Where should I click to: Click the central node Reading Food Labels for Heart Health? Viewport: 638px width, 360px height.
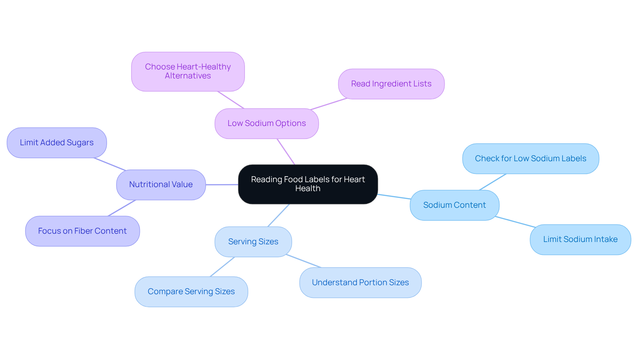click(308, 184)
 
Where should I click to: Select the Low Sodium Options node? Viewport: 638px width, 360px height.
click(266, 123)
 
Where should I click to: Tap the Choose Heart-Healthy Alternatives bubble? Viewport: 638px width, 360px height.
click(188, 71)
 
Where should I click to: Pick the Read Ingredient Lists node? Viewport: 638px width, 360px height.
click(391, 84)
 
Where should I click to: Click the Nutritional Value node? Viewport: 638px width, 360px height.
click(161, 184)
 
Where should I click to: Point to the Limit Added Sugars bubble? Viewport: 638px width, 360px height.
click(56, 143)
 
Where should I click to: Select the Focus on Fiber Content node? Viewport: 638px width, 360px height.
click(82, 231)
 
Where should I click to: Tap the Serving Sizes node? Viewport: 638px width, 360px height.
click(253, 242)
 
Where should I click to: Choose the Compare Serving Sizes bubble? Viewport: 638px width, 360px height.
click(191, 292)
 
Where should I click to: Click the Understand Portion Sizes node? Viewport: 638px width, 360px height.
click(360, 283)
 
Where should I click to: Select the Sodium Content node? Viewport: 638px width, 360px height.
click(454, 205)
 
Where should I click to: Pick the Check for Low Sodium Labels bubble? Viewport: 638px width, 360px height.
click(530, 159)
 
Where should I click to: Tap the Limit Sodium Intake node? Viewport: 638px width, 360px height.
click(580, 239)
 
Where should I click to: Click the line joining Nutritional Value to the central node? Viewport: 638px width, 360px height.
click(222, 184)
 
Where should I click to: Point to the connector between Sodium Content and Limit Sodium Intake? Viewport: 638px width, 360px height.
click(515, 222)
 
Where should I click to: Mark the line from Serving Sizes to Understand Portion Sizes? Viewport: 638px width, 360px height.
click(303, 261)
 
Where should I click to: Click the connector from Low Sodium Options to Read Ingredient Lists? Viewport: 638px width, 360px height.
click(329, 104)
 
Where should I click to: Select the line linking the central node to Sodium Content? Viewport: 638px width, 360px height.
click(394, 196)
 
